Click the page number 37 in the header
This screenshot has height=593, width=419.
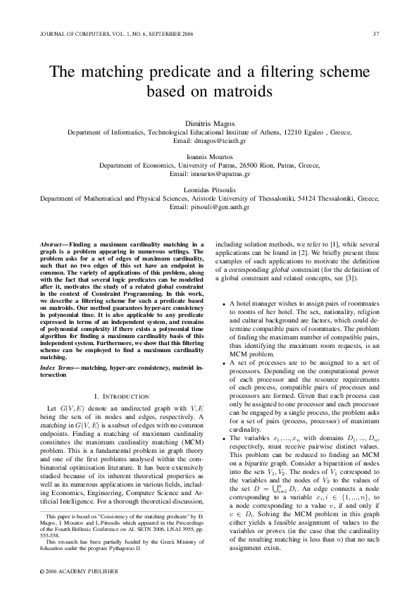click(377, 33)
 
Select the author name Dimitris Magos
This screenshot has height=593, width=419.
click(209, 124)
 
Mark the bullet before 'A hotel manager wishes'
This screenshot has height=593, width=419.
click(223, 304)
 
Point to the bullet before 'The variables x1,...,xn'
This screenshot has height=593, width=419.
click(223, 439)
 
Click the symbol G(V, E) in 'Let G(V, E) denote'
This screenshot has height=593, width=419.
click(73, 408)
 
